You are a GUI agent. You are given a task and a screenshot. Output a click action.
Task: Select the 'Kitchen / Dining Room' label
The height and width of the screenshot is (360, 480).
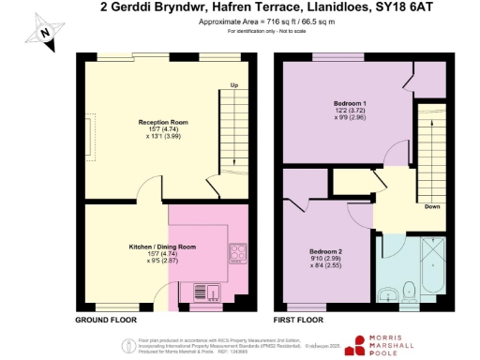click(162, 247)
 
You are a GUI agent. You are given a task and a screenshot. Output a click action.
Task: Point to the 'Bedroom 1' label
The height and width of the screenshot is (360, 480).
click(350, 102)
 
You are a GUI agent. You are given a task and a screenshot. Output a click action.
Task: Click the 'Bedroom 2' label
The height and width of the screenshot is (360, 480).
click(326, 251)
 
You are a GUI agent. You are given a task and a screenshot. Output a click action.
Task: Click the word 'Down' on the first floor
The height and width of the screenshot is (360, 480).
click(432, 206)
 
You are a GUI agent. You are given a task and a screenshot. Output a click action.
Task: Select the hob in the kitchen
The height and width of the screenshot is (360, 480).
click(237, 252)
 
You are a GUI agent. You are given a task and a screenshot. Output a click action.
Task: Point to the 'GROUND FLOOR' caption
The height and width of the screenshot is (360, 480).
click(101, 320)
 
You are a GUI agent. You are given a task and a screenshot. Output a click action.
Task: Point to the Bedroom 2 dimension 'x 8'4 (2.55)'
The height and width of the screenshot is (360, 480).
click(326, 266)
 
